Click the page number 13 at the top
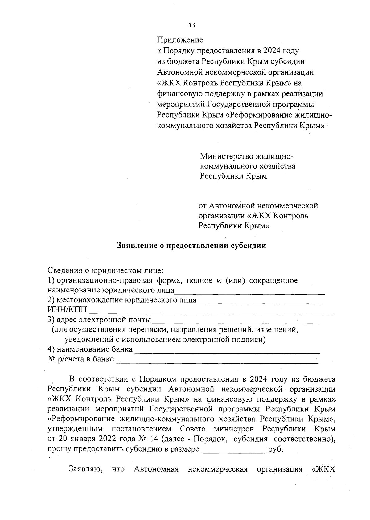191,25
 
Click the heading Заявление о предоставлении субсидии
191,246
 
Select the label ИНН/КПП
67,310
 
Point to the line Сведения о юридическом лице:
105,270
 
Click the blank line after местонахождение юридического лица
259,303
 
